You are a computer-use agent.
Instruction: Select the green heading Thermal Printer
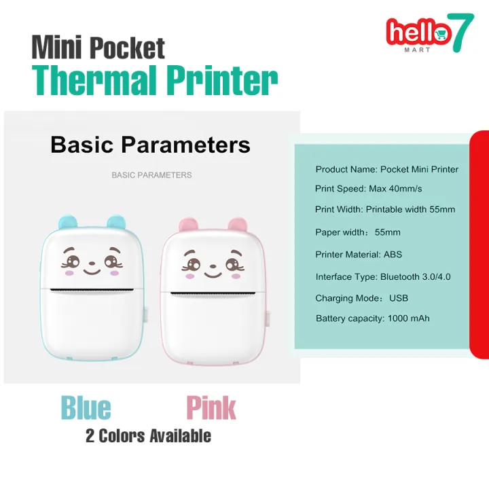point(155,81)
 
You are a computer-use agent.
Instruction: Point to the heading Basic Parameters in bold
point(150,145)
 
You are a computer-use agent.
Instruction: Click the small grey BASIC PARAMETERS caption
point(151,175)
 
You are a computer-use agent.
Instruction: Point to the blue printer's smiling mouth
point(91,270)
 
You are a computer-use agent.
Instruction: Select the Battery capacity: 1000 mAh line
point(372,319)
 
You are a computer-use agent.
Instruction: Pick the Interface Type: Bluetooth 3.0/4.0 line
point(382,276)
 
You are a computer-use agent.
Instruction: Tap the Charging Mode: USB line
point(361,298)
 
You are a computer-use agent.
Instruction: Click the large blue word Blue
point(86,408)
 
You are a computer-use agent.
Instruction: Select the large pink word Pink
point(211,408)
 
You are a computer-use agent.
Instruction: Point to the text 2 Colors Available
point(148,436)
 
